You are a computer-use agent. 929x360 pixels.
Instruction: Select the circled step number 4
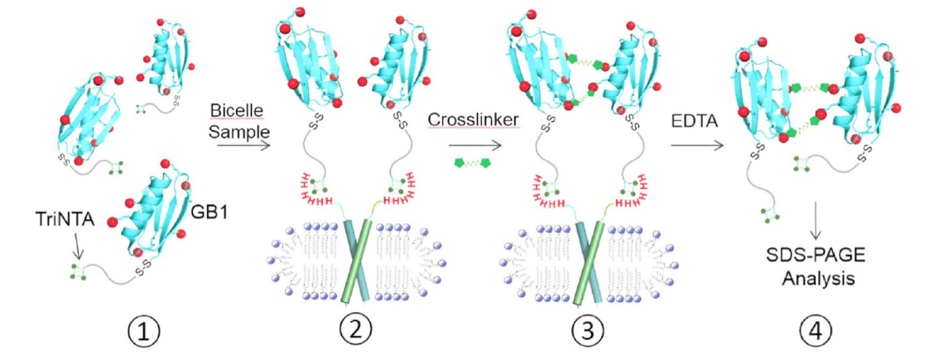tap(814, 333)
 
